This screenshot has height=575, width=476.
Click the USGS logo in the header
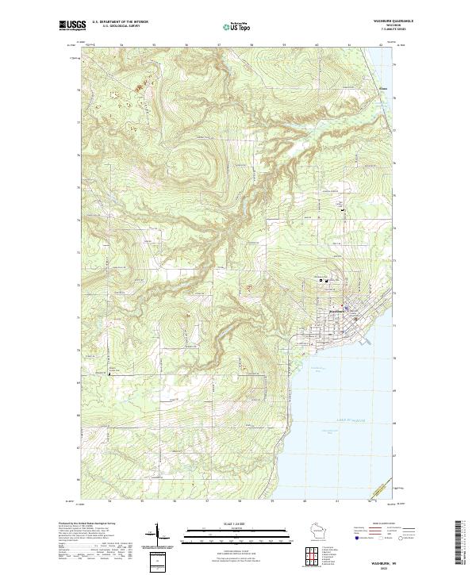(x=72, y=25)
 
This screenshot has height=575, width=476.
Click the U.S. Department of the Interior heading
(x=120, y=21)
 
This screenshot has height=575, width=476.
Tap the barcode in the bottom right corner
(x=463, y=546)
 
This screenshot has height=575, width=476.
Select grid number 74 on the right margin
(x=395, y=220)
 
